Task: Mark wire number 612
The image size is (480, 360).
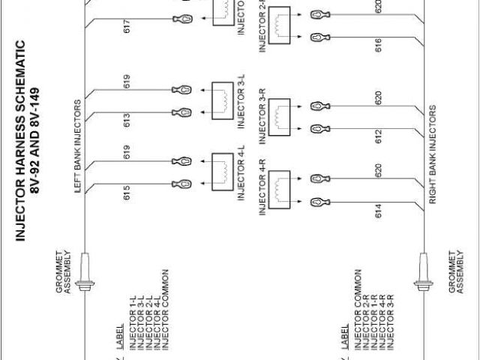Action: pos(378,136)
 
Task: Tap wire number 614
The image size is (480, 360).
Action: pos(378,211)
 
